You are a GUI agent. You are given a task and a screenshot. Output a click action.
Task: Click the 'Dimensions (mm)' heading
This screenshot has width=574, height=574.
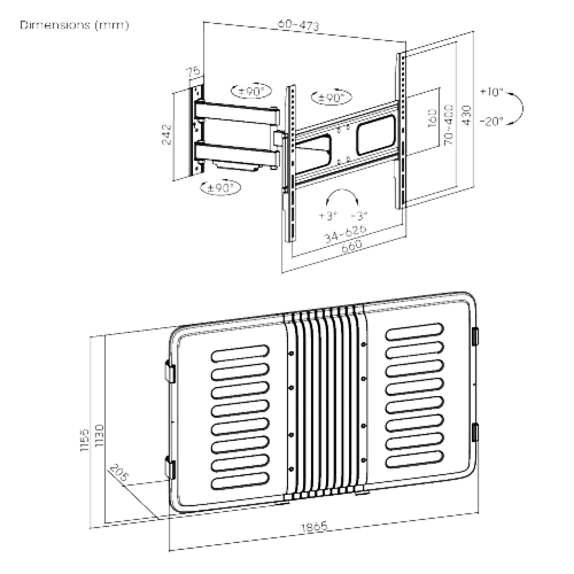74,26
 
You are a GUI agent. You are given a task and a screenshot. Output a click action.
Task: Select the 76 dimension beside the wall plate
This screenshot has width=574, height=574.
193,73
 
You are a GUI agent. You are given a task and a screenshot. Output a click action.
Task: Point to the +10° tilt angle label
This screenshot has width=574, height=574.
492,91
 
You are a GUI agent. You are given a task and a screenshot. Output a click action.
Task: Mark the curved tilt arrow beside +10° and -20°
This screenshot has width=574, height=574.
519,107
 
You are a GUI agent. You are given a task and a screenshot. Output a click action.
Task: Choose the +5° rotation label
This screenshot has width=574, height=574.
327,215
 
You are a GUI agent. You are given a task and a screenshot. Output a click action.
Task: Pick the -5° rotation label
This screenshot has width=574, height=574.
360,215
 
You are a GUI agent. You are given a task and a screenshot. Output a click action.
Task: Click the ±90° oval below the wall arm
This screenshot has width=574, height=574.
220,187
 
